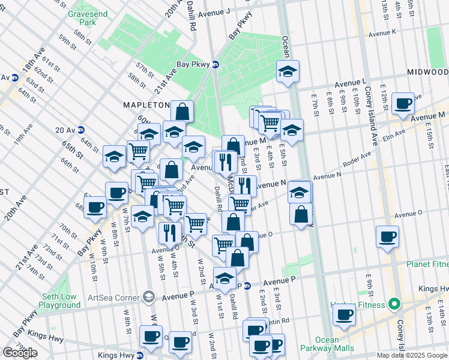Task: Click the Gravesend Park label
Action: (x=82, y=18)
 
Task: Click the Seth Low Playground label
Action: (x=60, y=301)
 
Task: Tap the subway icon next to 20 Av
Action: (x=81, y=130)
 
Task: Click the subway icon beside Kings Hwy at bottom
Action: (x=140, y=355)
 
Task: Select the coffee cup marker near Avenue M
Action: (x=404, y=103)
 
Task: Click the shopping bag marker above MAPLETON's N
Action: (x=182, y=111)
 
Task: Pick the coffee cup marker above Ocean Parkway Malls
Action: (x=344, y=314)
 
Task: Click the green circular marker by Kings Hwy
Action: (x=394, y=305)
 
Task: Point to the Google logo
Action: (x=20, y=352)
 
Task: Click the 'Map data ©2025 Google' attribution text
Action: (x=412, y=355)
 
